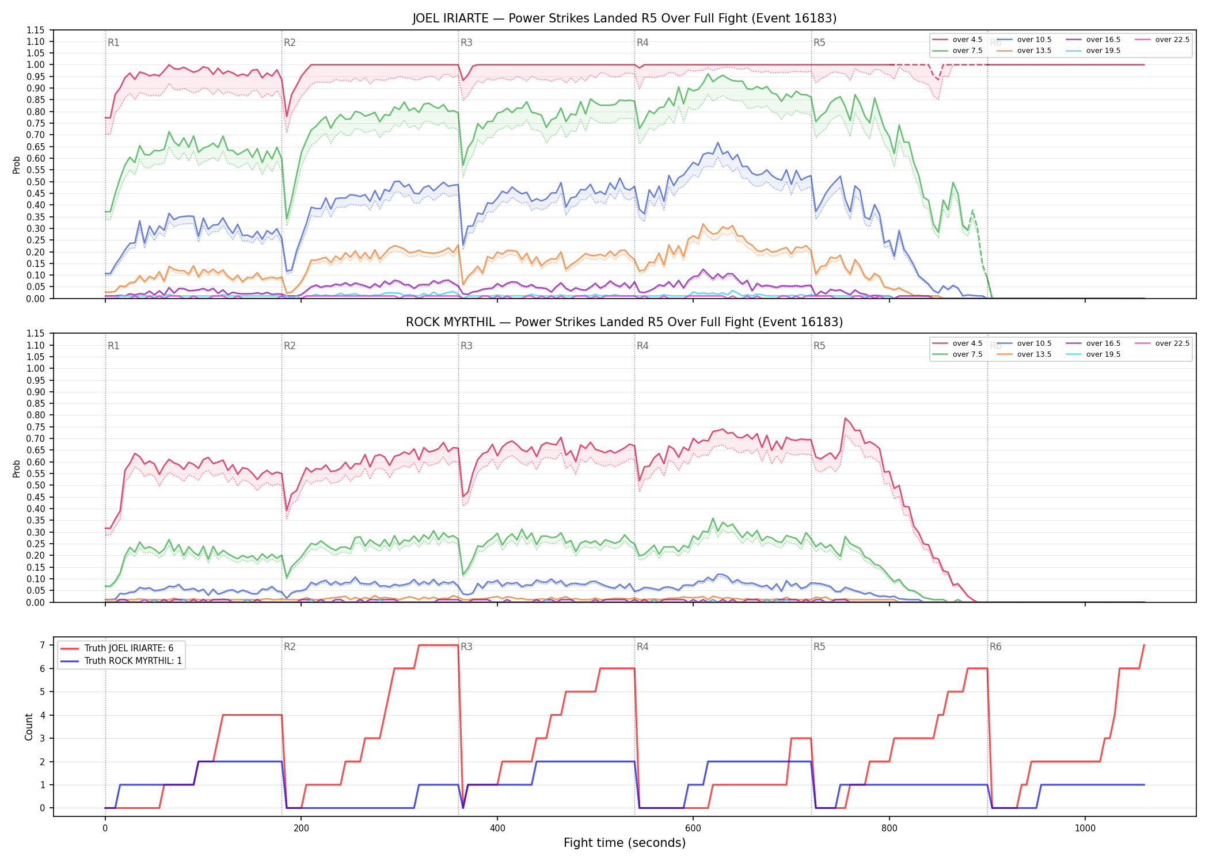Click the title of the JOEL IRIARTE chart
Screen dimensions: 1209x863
tap(625, 18)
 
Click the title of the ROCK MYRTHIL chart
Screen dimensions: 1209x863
tap(625, 322)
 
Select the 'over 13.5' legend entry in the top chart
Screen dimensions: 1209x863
tap(1025, 51)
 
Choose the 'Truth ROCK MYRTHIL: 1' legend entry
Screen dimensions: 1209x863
tap(121, 661)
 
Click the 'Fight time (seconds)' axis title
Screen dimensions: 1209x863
tap(625, 843)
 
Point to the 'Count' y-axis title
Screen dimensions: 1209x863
tap(29, 727)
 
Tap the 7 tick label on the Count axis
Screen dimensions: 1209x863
tap(42, 646)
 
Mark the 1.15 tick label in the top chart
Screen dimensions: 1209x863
tap(36, 30)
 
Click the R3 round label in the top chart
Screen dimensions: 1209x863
tap(466, 43)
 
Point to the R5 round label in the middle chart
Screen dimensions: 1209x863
tap(819, 346)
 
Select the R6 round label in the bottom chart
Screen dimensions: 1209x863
tap(995, 647)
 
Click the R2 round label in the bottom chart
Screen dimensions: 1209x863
tap(290, 647)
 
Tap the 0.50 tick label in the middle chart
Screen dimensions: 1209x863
tap(36, 485)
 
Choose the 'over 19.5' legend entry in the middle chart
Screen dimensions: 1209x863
tap(1093, 354)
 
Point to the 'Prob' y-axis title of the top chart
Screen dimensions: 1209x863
tap(17, 165)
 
